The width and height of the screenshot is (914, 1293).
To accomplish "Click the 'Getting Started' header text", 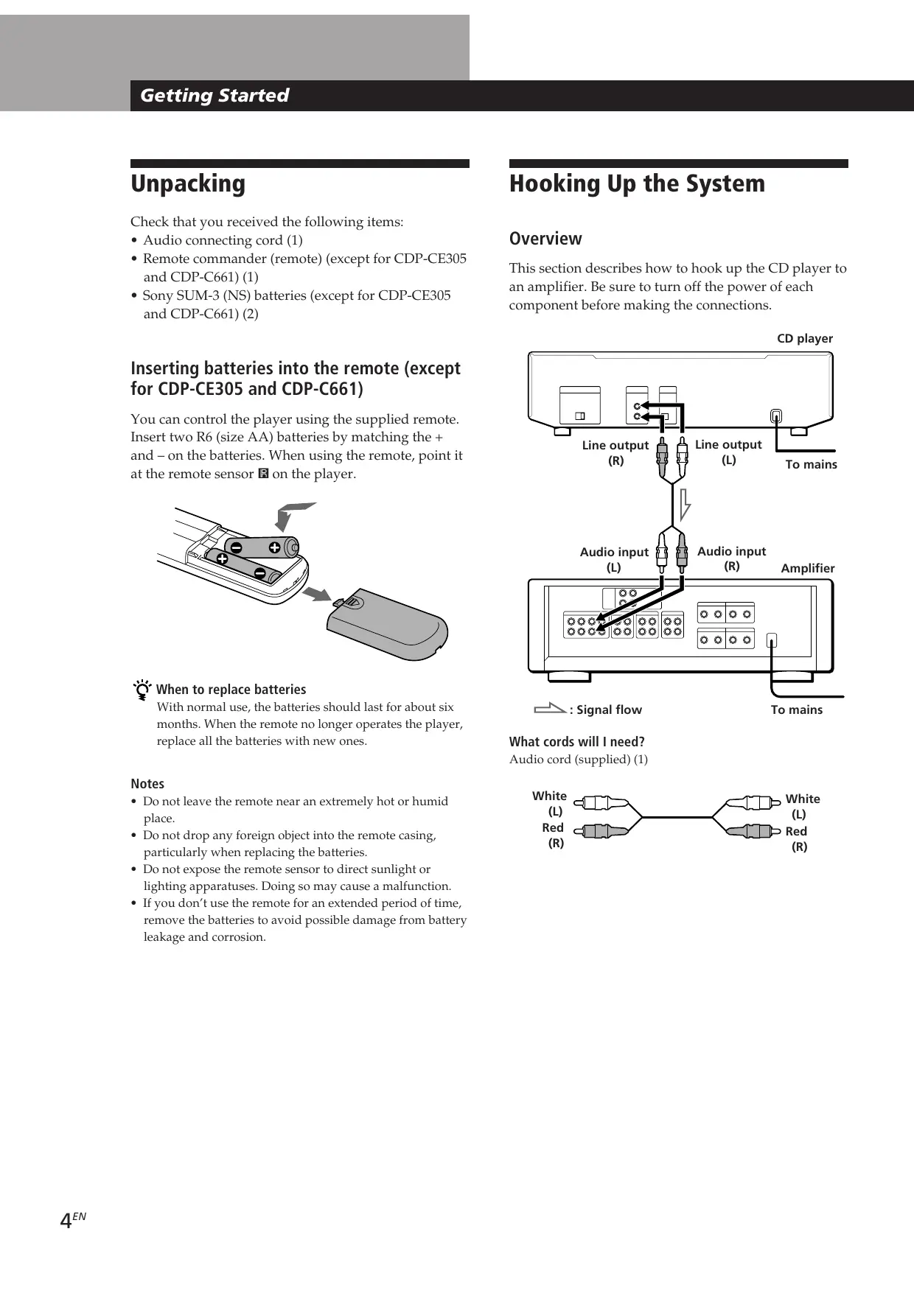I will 214,96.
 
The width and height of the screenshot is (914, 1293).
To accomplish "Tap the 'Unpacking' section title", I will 188,183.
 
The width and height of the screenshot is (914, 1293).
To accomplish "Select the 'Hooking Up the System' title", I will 637,183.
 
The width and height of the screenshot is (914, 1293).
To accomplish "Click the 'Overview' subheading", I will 545,239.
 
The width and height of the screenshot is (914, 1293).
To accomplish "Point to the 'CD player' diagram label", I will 805,339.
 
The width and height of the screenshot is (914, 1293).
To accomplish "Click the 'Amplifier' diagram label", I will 808,568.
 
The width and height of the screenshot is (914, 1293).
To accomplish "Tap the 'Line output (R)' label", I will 615,452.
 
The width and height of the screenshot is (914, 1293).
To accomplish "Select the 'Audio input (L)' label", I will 614,559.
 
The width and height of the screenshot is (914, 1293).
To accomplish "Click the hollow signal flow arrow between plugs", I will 685,504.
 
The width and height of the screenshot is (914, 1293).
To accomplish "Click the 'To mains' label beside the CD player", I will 811,464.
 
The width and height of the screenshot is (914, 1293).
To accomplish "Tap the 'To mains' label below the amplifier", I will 797,709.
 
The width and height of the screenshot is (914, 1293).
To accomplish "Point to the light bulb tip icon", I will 142,690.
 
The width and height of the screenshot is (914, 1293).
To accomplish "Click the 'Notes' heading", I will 147,784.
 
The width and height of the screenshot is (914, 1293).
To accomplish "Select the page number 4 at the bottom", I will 66,1221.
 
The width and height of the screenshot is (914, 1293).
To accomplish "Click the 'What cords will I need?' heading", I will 577,742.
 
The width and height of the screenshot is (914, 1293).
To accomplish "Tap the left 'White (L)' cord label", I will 550,803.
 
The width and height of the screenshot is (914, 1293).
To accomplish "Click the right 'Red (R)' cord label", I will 797,838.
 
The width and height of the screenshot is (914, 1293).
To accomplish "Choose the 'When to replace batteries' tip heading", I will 231,690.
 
